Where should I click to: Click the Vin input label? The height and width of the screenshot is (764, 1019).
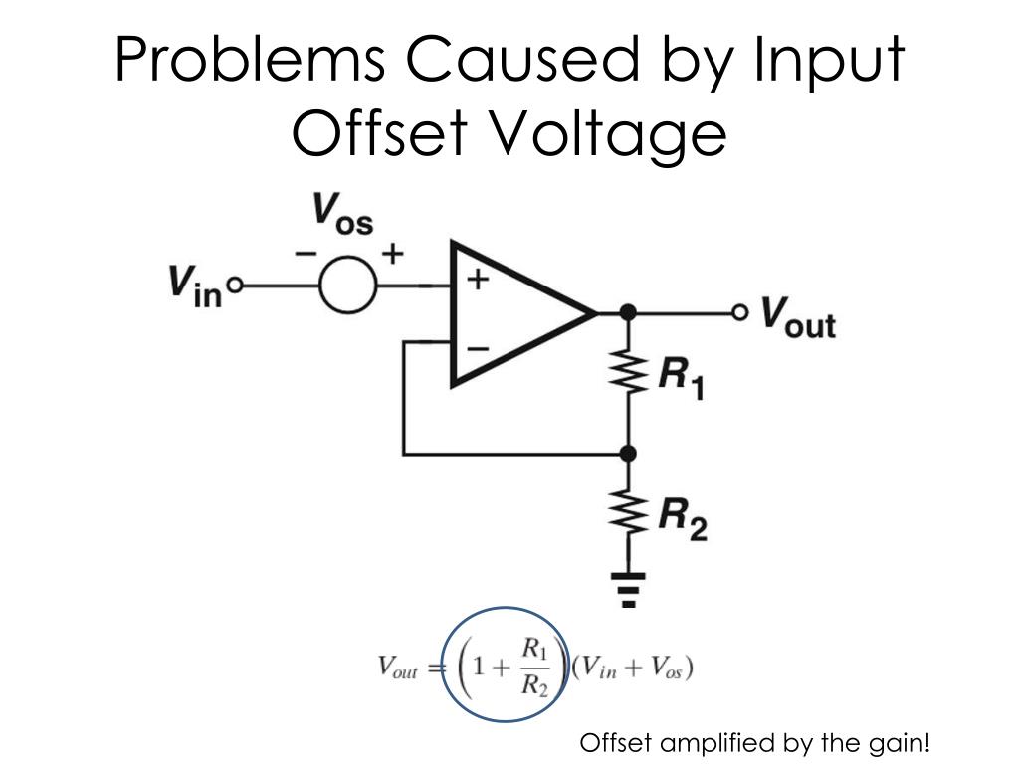click(x=194, y=286)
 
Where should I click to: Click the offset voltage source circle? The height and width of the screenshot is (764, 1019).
click(x=348, y=286)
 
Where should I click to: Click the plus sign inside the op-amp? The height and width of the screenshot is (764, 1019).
click(x=480, y=280)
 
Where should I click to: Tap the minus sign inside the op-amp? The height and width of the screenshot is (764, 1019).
click(x=479, y=348)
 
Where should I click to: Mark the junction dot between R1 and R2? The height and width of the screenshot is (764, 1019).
click(x=628, y=454)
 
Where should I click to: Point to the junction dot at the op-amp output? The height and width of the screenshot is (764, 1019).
click(x=628, y=313)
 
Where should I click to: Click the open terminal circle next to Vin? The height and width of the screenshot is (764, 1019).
click(x=236, y=286)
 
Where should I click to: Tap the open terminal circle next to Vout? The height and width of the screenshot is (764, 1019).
click(x=739, y=313)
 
